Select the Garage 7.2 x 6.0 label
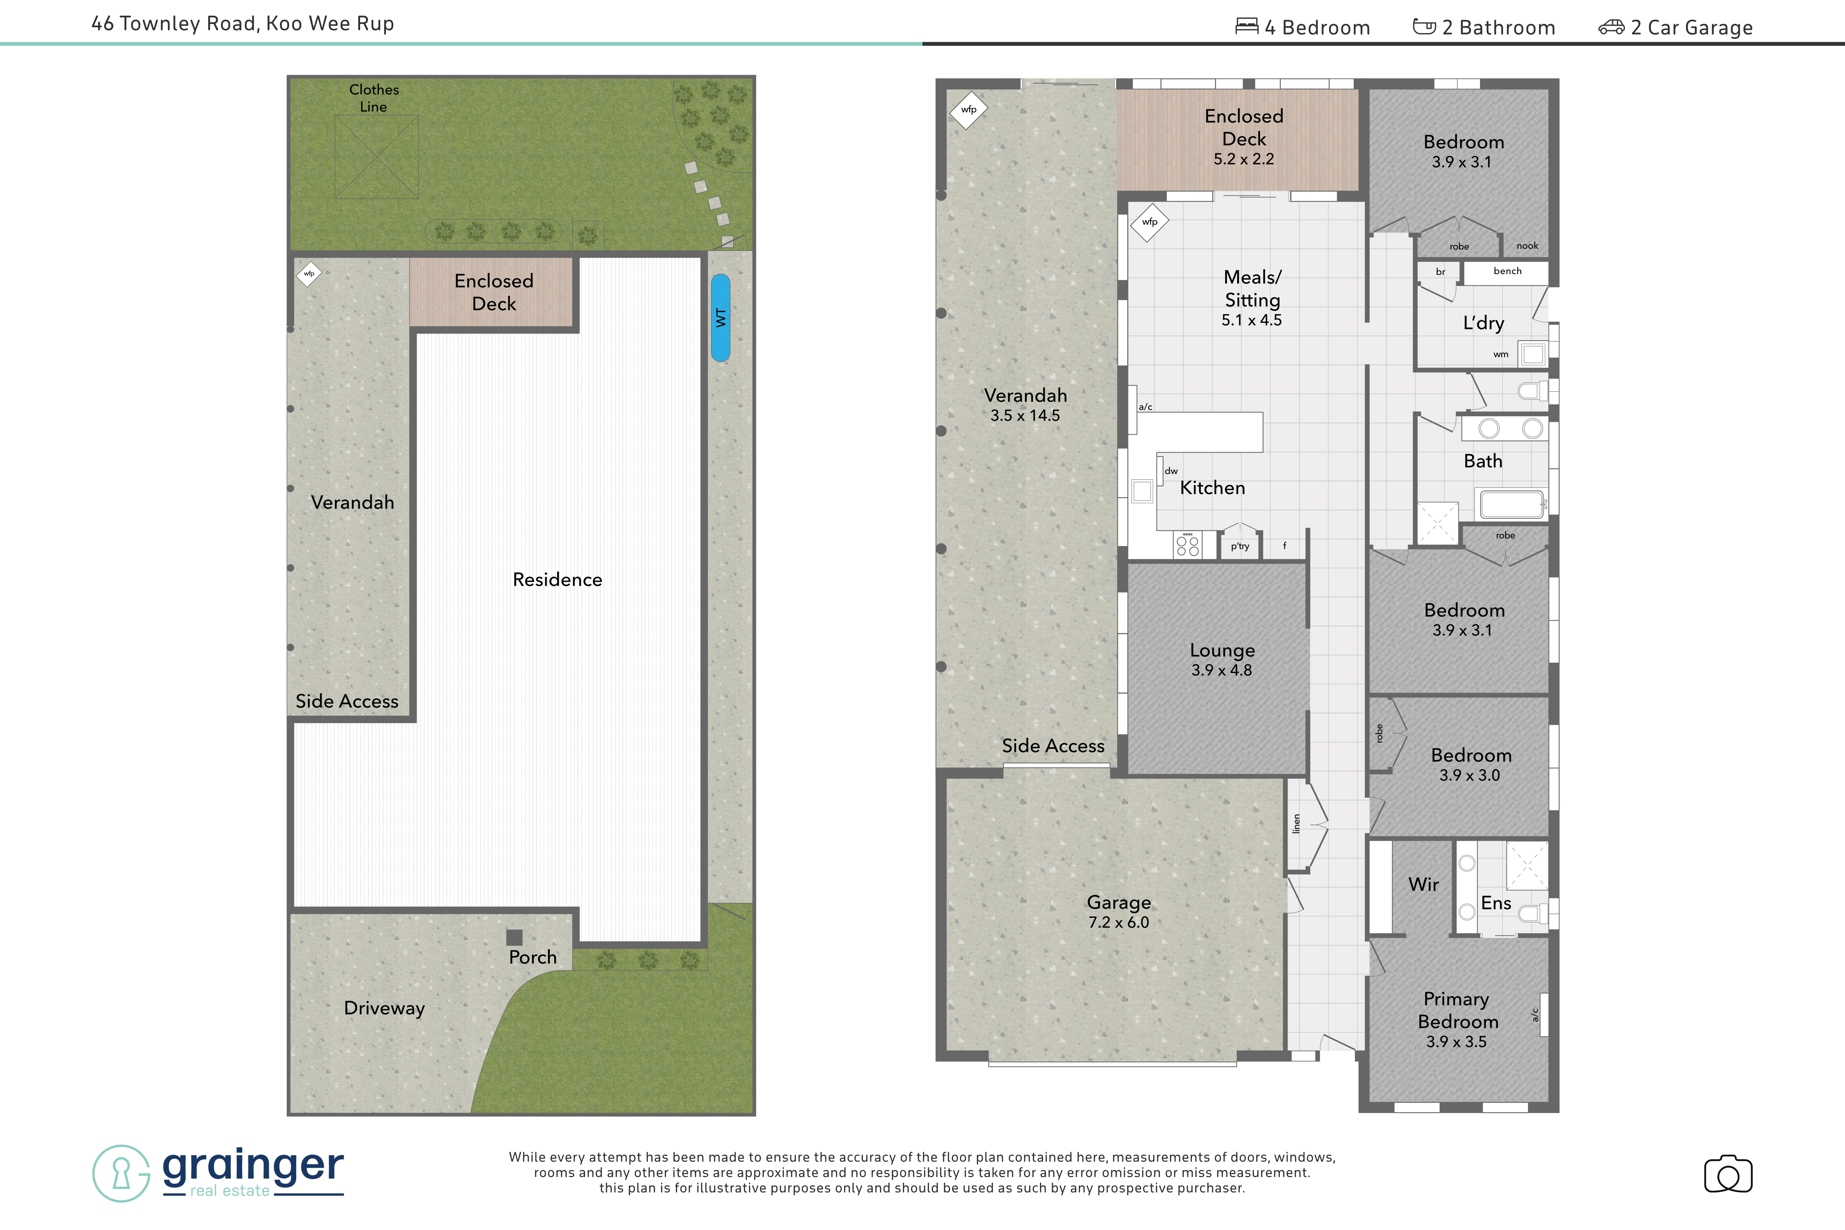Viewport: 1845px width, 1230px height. coord(1119,911)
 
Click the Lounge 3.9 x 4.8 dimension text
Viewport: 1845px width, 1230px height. coord(1221,670)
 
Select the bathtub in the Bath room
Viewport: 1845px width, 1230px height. coord(1512,504)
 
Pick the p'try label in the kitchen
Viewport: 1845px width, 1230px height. coord(1240,547)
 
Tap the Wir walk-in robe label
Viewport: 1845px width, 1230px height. coord(1423,884)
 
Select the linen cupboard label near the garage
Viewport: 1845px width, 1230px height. coord(1296,824)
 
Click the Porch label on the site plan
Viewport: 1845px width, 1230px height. coord(533,957)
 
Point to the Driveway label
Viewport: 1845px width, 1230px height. coord(384,1008)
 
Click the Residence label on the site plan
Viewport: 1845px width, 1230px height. coord(557,580)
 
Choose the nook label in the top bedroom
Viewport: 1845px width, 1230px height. coord(1526,245)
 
